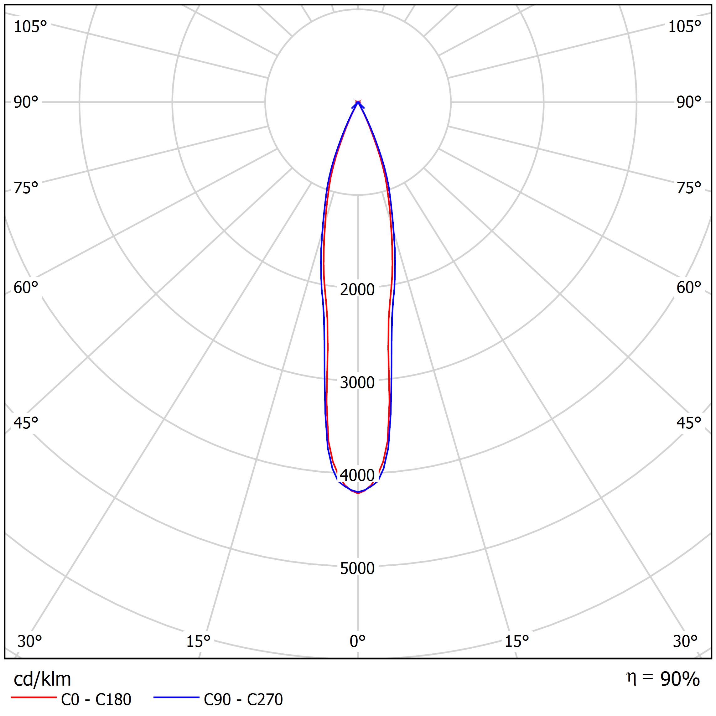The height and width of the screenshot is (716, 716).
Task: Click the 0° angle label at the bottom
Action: coord(357,641)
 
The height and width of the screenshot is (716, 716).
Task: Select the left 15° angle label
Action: coord(198,641)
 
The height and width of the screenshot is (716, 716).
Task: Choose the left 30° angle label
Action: coord(30,641)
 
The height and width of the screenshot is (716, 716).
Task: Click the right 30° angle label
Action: coord(685,641)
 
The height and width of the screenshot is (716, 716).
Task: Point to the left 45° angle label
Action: coord(26,423)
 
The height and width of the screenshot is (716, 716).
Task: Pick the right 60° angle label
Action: coord(688,288)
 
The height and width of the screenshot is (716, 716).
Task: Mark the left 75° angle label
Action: coord(26,188)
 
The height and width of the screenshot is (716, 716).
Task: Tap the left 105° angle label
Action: coord(30,27)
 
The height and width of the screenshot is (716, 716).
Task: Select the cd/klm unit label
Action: coord(42,679)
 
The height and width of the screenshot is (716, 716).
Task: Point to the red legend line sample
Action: coord(33,698)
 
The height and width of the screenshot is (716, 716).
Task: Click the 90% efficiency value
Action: coord(680,679)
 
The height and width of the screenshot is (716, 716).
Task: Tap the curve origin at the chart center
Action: coord(358,102)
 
